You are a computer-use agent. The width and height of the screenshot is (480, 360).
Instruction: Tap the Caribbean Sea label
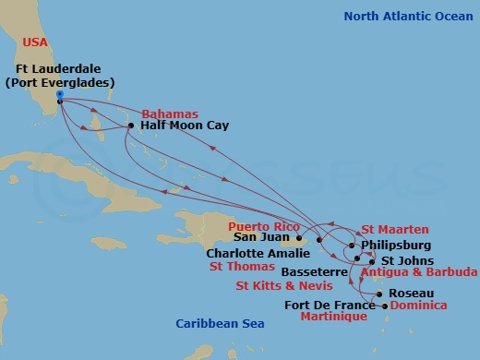[x=220, y=323]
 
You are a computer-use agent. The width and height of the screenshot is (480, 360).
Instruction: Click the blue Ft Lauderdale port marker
[x=59, y=94]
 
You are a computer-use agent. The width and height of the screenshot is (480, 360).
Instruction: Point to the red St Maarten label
[x=393, y=230]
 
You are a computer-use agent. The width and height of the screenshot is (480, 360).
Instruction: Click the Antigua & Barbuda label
[x=419, y=272]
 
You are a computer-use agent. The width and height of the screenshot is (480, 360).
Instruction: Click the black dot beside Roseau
[x=381, y=294]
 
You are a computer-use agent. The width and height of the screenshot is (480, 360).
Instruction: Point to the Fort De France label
[x=330, y=305]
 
